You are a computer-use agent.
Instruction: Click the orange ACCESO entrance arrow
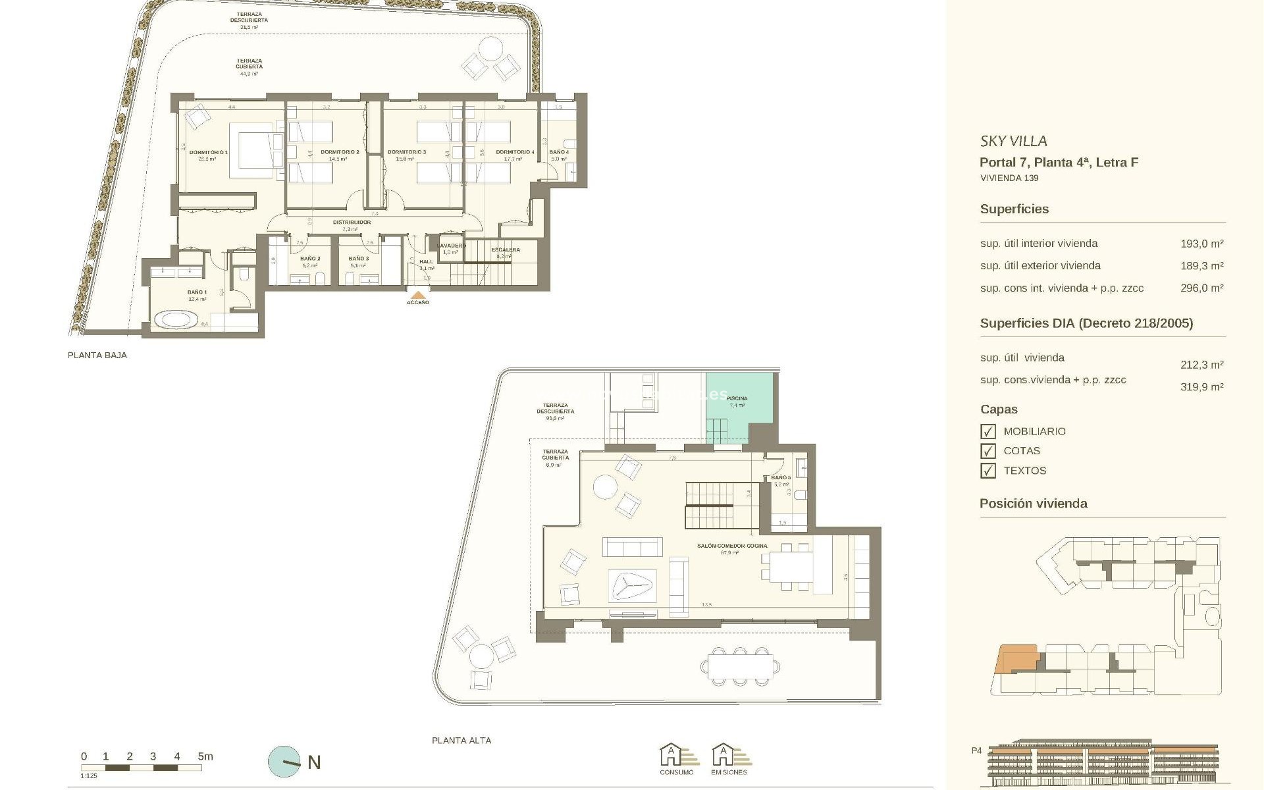[417, 294]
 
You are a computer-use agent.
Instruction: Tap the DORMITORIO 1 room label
[208, 152]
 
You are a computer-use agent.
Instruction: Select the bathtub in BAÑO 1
[176, 321]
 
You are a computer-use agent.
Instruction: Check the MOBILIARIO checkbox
[987, 431]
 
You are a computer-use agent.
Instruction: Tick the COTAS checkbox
[987, 451]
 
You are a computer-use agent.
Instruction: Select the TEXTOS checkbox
[987, 471]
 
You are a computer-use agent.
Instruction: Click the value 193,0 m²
[1201, 244]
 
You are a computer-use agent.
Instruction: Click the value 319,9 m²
[1201, 387]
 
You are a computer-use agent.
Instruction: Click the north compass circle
[284, 762]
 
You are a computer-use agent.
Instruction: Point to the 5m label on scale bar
[205, 756]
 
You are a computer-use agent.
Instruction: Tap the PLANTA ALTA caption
[461, 741]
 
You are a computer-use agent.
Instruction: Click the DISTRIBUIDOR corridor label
[352, 223]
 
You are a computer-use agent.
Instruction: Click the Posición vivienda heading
[1033, 504]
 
